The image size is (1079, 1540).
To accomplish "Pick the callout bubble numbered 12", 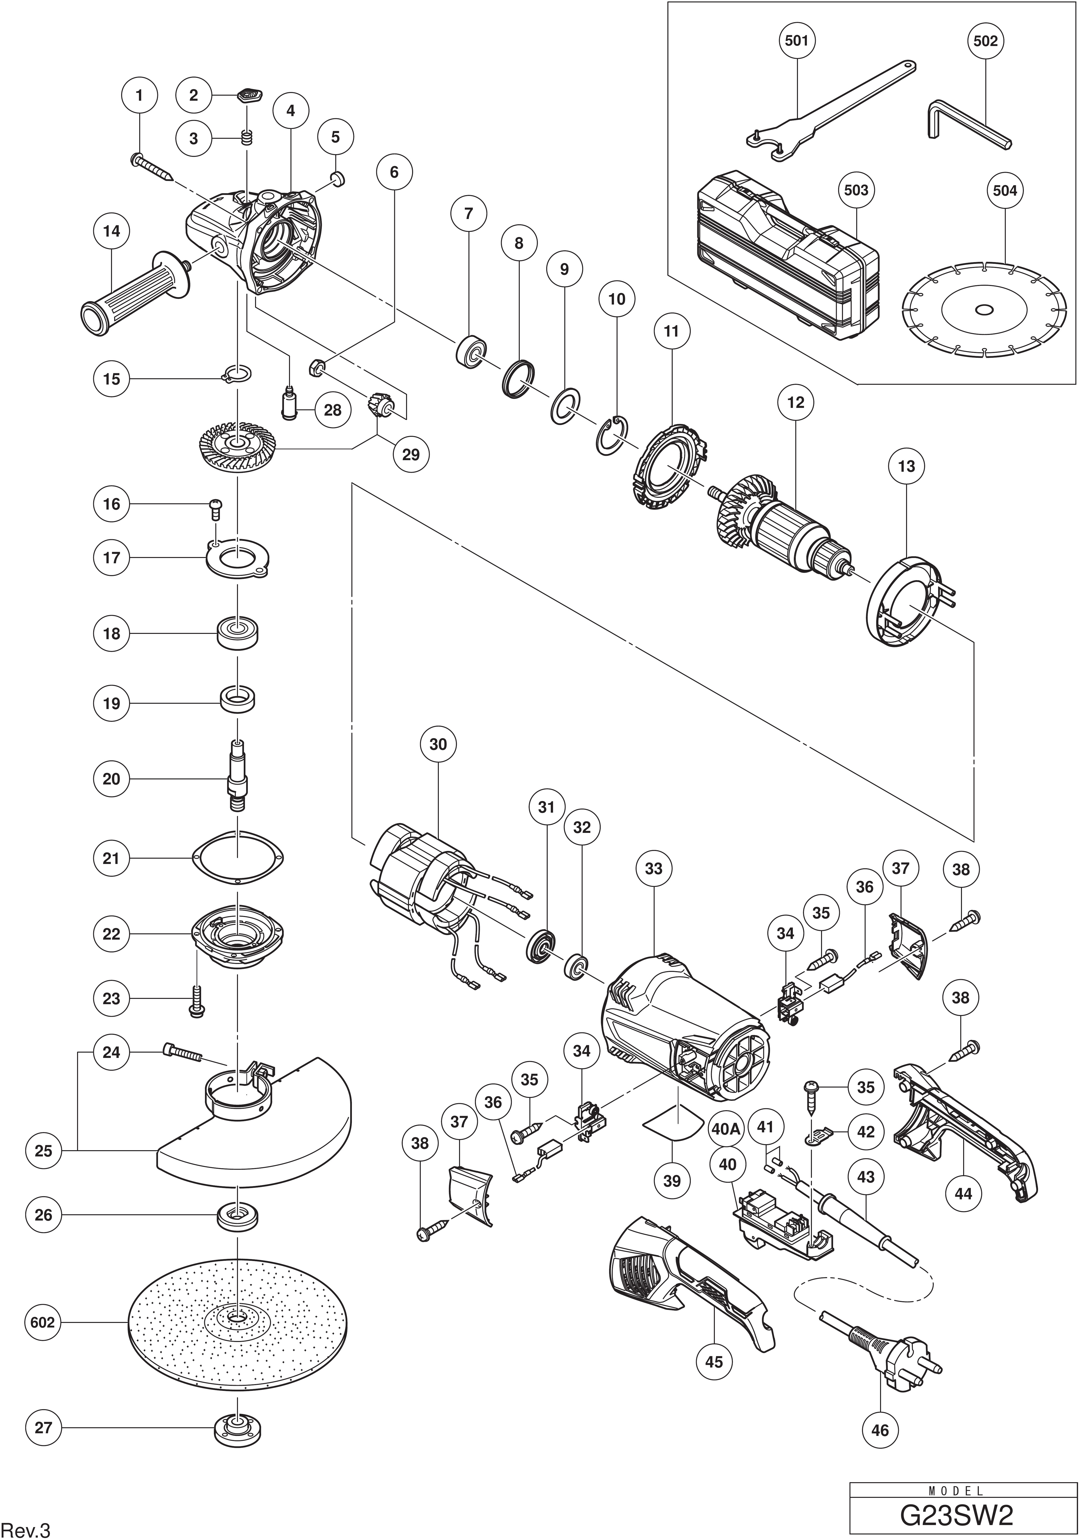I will [x=796, y=402].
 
